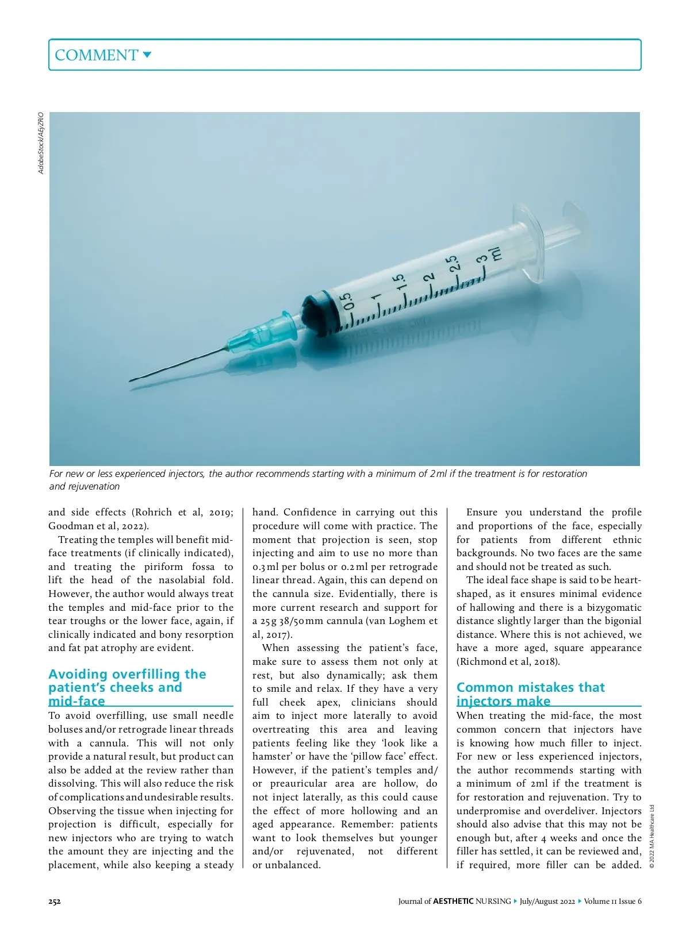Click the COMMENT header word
96,55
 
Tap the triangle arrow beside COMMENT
147,55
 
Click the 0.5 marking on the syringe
347,301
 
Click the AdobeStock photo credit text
41,142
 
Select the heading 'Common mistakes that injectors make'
530,694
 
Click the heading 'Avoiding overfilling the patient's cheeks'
127,687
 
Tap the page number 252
55,901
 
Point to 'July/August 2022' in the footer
547,901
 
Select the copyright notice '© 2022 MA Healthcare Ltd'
652,835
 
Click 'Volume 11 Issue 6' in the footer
612,901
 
